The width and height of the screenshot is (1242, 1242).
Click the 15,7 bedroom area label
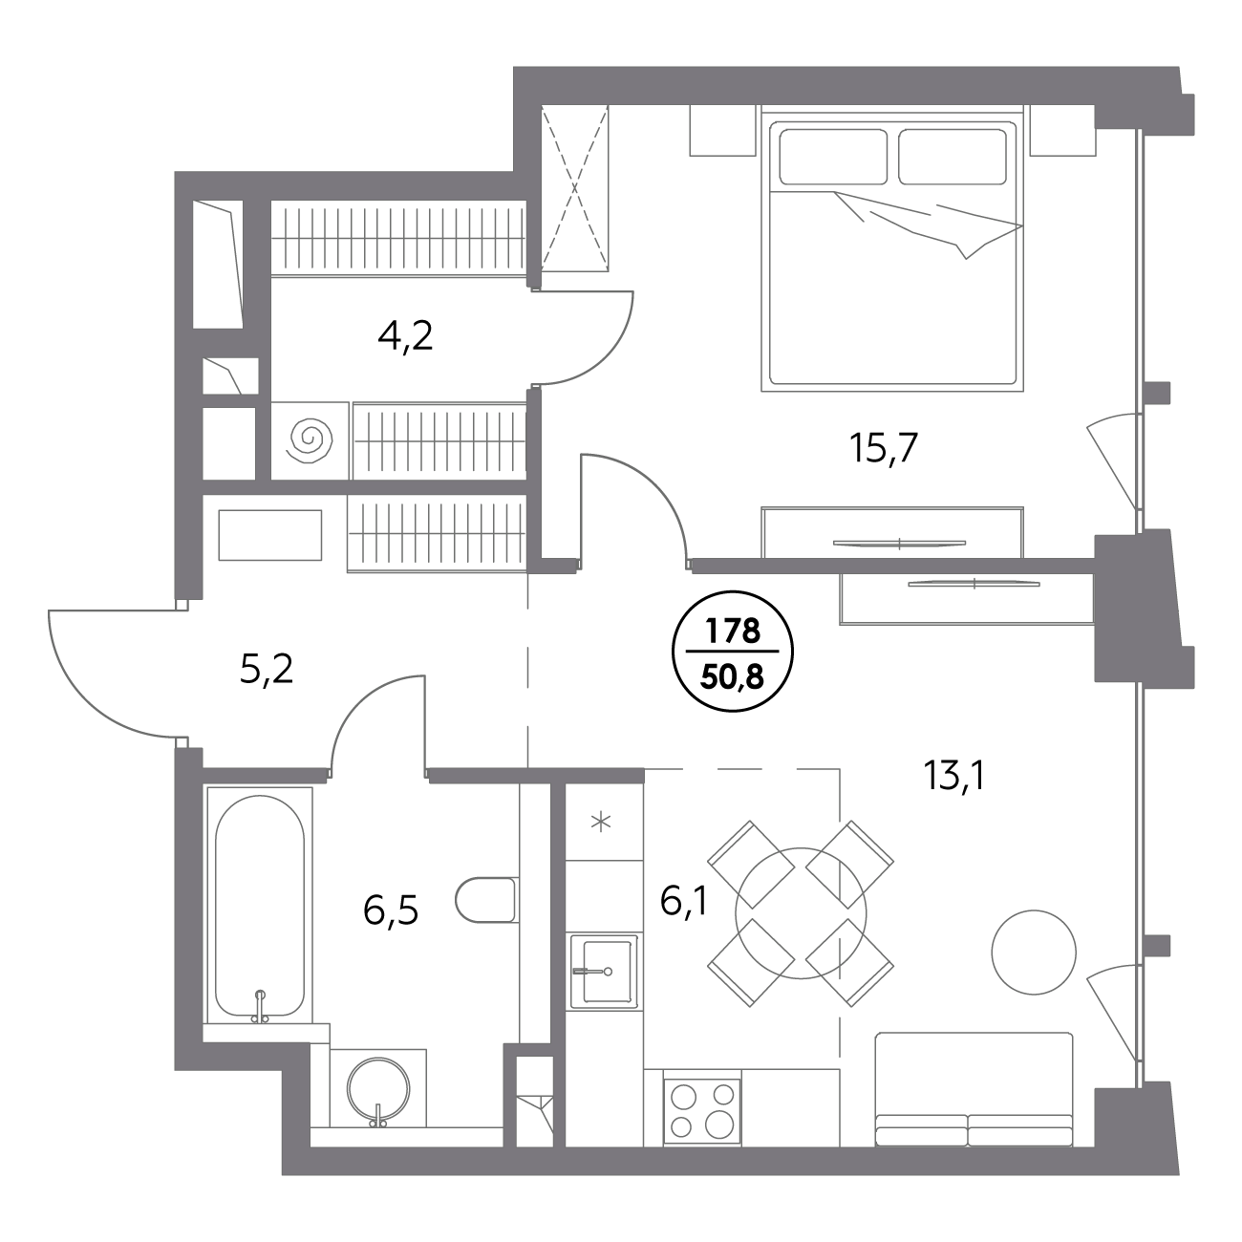click(x=884, y=448)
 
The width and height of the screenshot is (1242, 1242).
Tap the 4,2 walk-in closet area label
click(x=405, y=335)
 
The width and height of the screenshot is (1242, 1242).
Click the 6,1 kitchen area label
click(x=684, y=900)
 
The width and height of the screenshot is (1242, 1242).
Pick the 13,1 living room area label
click(x=953, y=775)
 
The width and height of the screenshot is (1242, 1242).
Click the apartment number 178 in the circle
click(x=733, y=631)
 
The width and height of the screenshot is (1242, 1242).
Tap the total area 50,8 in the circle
click(x=733, y=676)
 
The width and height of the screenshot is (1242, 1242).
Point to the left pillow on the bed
click(x=833, y=157)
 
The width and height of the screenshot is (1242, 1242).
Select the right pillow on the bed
click(x=952, y=157)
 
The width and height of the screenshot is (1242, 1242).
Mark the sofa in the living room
click(x=974, y=1088)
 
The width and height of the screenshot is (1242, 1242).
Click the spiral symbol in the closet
click(x=311, y=440)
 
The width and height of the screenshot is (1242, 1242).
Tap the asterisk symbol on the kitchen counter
click(x=601, y=823)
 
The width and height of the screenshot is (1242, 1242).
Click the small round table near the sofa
click(x=1034, y=952)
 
